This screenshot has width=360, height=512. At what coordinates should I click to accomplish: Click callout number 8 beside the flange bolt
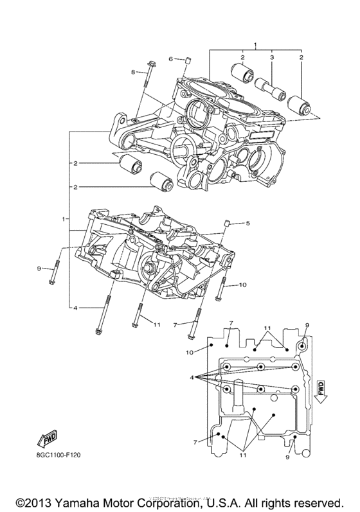(x=134, y=73)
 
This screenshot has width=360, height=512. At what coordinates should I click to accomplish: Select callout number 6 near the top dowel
(x=171, y=59)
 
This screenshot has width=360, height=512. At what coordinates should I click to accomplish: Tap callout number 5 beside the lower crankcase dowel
(x=245, y=224)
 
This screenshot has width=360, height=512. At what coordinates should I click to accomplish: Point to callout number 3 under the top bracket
(x=272, y=58)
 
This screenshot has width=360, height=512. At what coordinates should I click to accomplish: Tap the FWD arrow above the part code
(x=46, y=440)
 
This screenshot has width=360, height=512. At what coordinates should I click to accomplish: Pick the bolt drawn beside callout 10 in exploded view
(x=221, y=291)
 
